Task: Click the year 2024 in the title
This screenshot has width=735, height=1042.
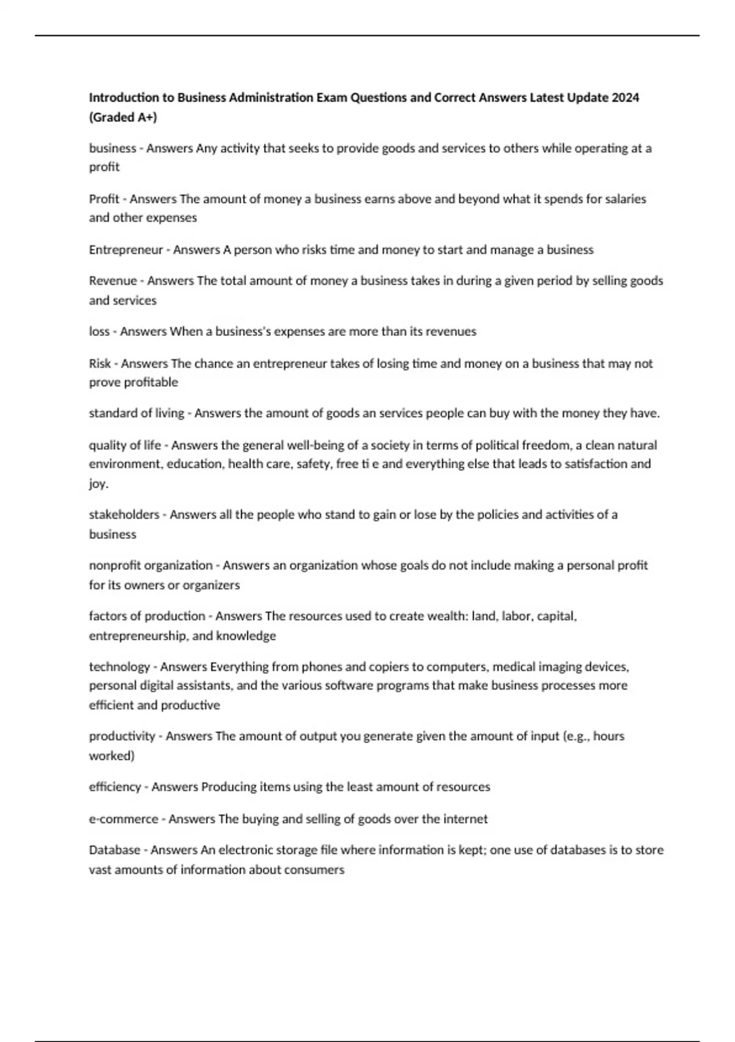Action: coord(625,97)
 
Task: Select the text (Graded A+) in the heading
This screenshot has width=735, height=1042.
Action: coord(123,117)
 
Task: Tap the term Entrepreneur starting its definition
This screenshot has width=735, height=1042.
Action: coord(126,249)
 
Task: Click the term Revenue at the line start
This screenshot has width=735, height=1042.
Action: coord(113,281)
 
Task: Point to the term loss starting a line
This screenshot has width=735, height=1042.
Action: coord(99,332)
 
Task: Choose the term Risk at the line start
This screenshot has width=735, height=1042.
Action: coord(100,363)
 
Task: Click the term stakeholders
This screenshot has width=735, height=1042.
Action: coord(124,515)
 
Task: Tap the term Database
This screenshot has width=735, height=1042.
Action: coord(115,850)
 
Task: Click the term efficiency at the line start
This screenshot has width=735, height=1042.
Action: coord(115,787)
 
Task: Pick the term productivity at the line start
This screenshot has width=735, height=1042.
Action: coord(122,736)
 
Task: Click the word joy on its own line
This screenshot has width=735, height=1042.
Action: coord(97,484)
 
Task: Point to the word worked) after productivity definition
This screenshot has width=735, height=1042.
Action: coord(111,756)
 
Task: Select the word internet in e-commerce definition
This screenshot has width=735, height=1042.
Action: coord(466,819)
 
